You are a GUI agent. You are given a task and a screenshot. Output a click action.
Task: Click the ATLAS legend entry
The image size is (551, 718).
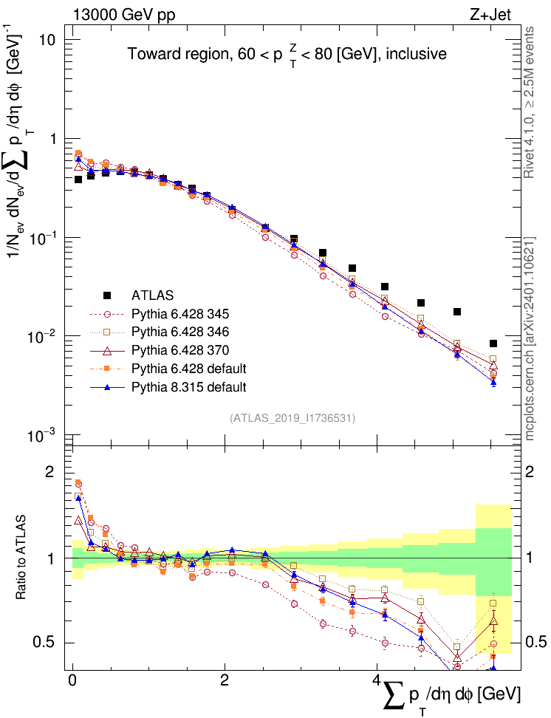coord(152,295)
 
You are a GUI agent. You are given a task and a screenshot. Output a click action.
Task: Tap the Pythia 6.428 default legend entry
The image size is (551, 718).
coord(188,368)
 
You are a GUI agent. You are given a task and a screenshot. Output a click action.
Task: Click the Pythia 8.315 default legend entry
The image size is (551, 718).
coord(188,386)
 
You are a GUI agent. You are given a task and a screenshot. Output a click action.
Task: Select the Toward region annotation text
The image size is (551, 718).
coord(287,55)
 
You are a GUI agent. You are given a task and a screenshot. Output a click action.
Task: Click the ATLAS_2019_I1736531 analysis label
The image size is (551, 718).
coord(293,418)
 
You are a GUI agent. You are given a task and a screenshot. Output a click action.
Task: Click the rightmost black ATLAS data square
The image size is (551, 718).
coord(493,343)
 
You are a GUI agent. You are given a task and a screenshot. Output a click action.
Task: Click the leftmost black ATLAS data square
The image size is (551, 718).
coord(78,179)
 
